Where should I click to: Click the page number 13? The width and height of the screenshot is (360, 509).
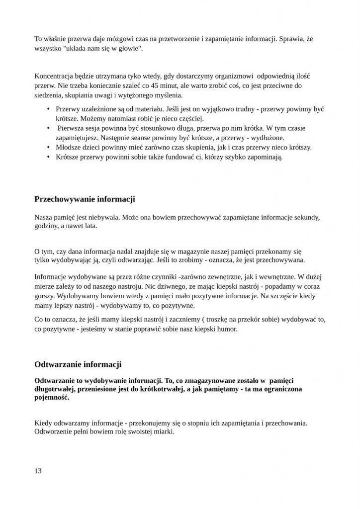pyautogui.click(x=38, y=471)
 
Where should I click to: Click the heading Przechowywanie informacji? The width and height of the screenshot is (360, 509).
pyautogui.click(x=85, y=199)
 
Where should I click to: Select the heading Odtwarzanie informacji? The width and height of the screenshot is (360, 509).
pyautogui.click(x=78, y=364)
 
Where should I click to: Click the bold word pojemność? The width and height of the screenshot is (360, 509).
pyautogui.click(x=52, y=398)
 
